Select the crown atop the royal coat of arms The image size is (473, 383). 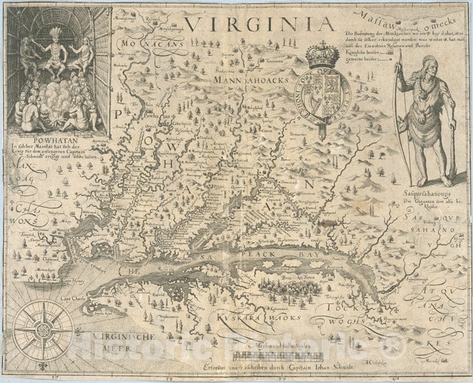point(322,55)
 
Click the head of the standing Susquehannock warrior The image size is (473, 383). point(430,65)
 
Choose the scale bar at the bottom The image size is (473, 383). point(278,357)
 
